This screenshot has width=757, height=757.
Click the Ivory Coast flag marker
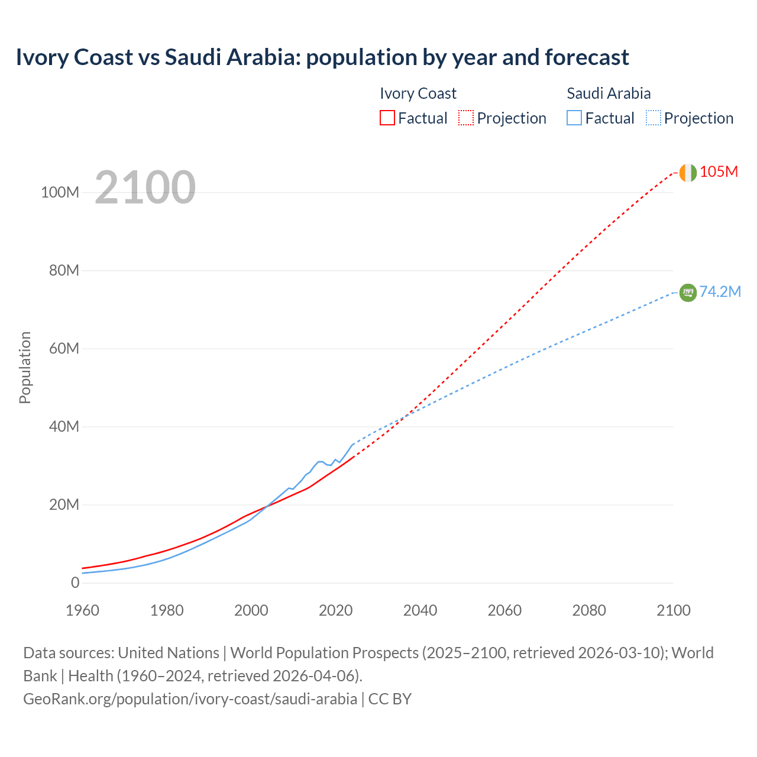(687, 173)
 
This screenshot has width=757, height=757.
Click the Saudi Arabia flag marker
(688, 292)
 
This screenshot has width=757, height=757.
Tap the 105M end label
(719, 172)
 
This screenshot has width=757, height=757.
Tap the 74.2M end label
(720, 292)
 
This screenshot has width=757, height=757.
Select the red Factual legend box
(387, 118)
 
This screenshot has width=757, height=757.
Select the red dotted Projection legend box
(466, 118)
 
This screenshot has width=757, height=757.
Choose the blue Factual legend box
(574, 118)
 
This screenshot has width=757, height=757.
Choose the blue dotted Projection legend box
(653, 118)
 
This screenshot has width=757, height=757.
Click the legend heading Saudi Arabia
(609, 93)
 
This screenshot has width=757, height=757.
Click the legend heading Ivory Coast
(418, 93)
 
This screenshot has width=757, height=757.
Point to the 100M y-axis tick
(60, 193)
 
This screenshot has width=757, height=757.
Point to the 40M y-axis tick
(64, 427)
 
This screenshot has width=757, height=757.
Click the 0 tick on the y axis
(75, 583)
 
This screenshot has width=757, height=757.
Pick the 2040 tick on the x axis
(420, 610)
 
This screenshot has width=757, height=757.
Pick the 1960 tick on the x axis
(82, 610)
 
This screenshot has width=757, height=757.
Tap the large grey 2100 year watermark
(145, 187)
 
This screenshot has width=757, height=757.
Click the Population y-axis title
(25, 367)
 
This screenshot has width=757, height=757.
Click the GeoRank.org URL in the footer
(190, 698)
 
